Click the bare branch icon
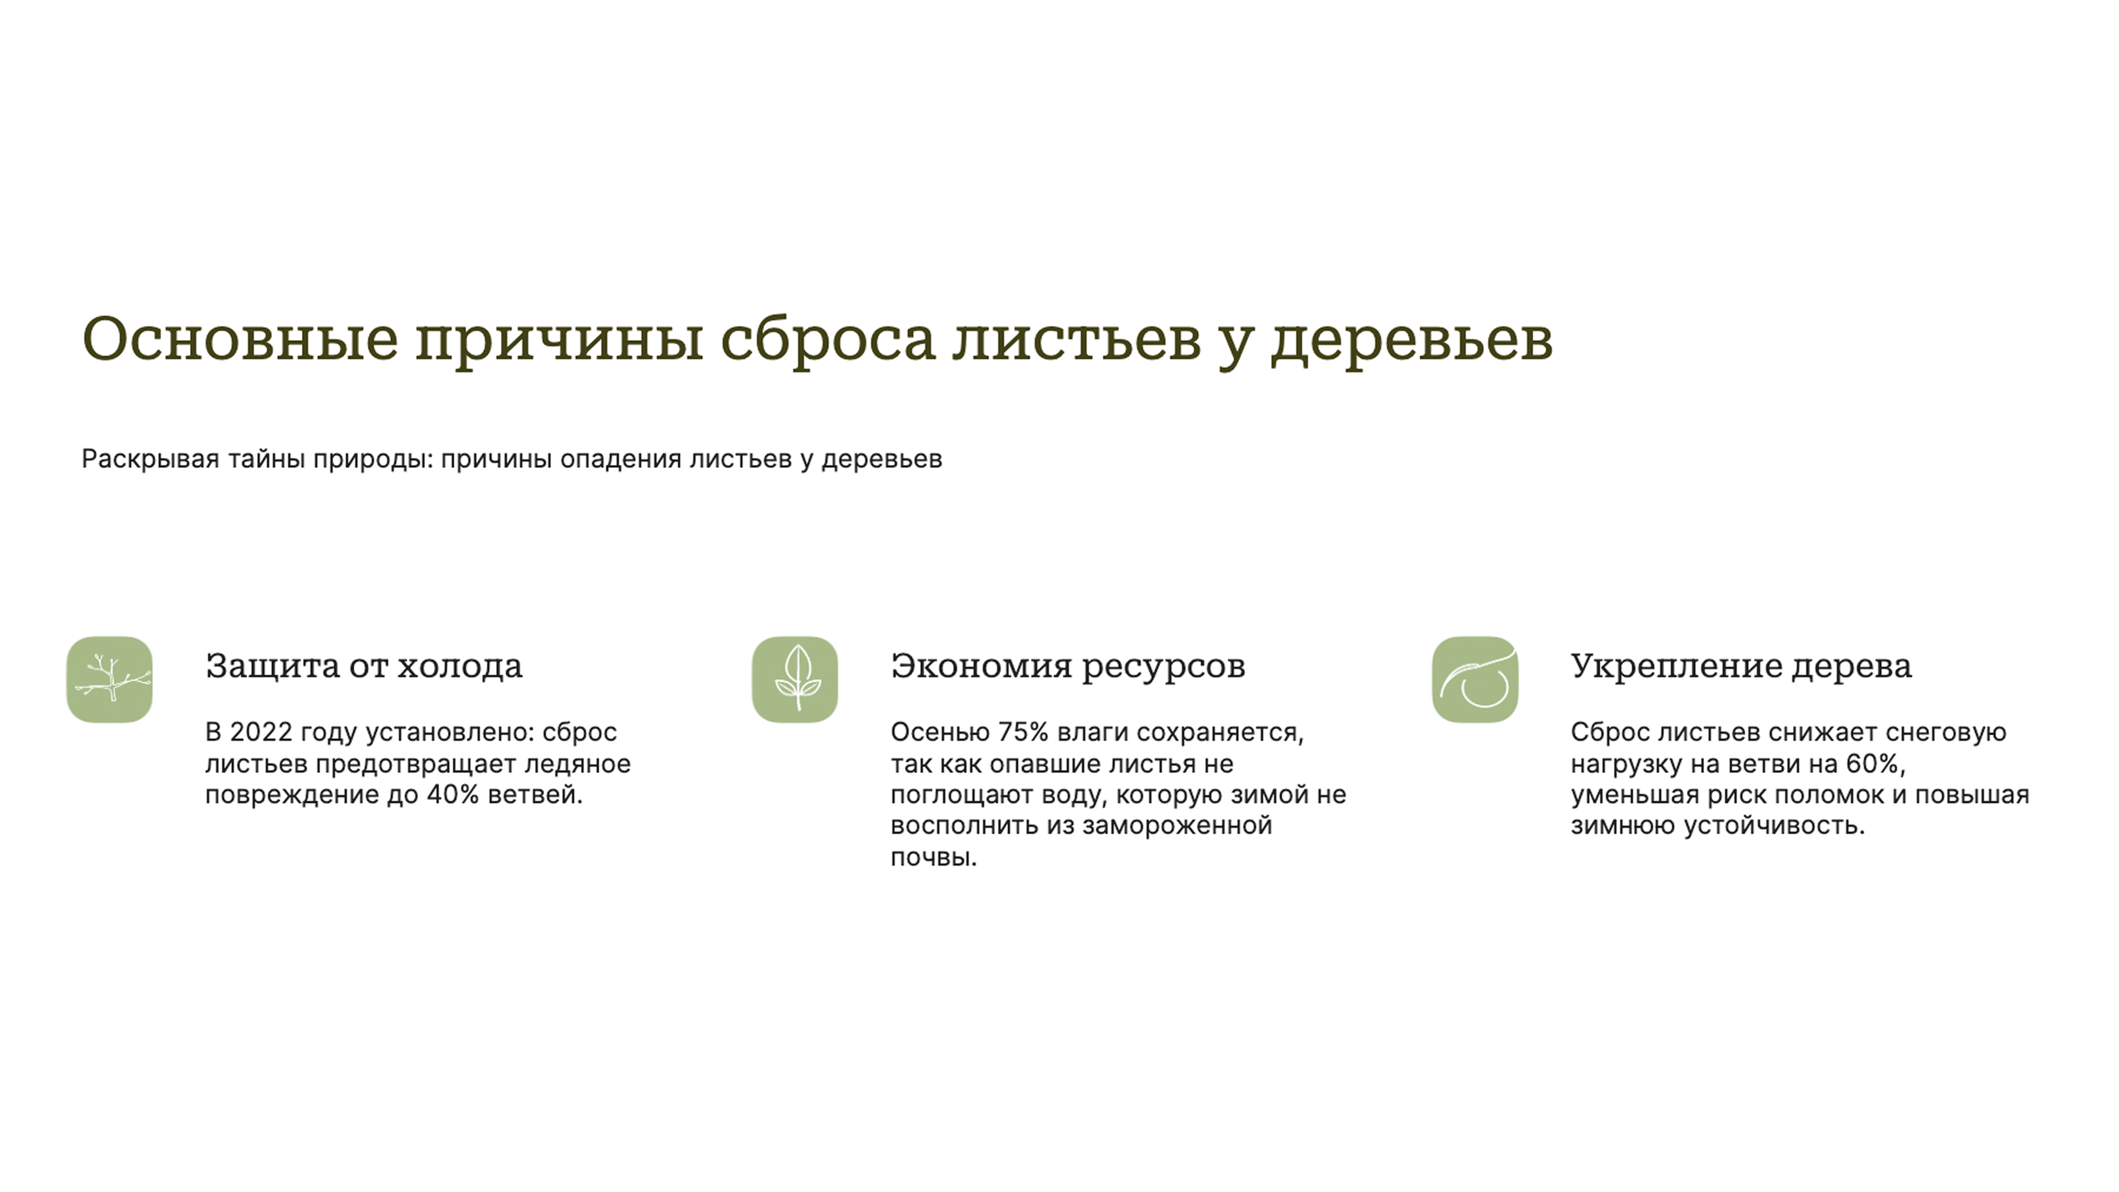click(109, 679)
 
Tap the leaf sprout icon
click(795, 679)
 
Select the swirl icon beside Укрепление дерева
click(1475, 679)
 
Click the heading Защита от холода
click(364, 666)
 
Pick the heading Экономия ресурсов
click(1068, 666)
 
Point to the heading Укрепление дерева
click(1741, 666)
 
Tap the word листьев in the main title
click(1077, 339)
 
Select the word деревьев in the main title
click(1411, 339)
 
